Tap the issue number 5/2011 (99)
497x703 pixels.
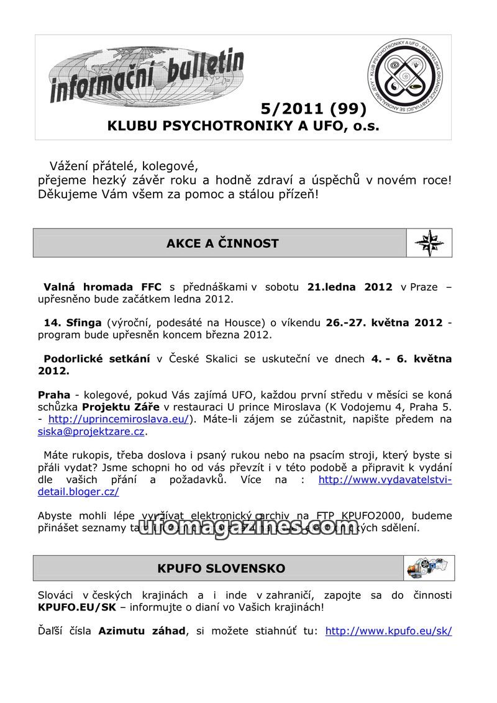pos(314,109)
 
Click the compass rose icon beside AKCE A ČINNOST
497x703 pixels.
pos(429,243)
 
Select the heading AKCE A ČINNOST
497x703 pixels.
pos(222,243)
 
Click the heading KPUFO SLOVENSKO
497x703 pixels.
pos(221,568)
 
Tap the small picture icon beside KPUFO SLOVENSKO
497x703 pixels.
pos(429,568)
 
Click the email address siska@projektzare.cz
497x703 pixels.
pos(91,431)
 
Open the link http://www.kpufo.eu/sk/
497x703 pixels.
pos(388,631)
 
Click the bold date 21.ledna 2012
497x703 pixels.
pos(350,287)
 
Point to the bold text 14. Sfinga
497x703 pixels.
pos(72,323)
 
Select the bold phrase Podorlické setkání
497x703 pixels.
pos(96,359)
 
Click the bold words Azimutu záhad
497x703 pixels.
pos(142,631)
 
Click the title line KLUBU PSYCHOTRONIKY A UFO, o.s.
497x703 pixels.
pos(243,126)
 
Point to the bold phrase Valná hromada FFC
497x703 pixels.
pos(102,287)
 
